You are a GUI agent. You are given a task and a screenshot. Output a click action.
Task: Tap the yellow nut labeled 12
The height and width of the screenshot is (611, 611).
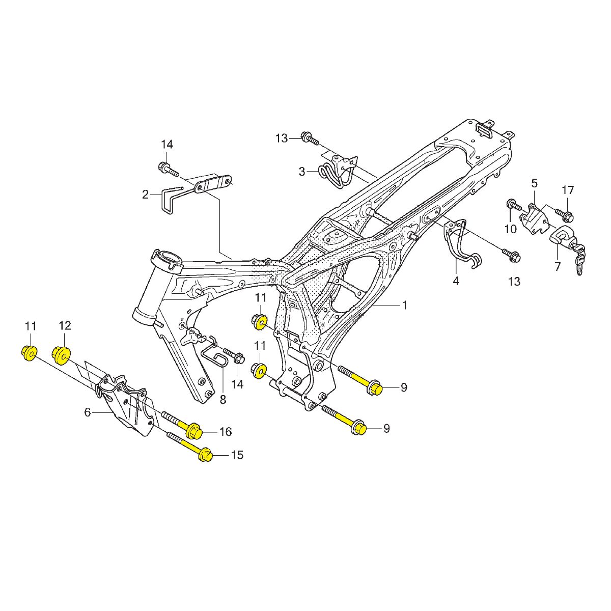coord(61,355)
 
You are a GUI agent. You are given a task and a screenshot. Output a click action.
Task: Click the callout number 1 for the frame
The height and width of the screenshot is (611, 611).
coord(404,305)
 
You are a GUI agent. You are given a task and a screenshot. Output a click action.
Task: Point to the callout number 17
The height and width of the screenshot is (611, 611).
coord(568,190)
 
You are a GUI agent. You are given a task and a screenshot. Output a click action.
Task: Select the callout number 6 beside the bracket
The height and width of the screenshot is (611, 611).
coord(88,412)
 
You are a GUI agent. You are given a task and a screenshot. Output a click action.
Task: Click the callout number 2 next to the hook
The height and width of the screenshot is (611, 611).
coord(145,195)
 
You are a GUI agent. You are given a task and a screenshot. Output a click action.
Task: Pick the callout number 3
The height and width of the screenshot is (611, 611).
coord(301,172)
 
